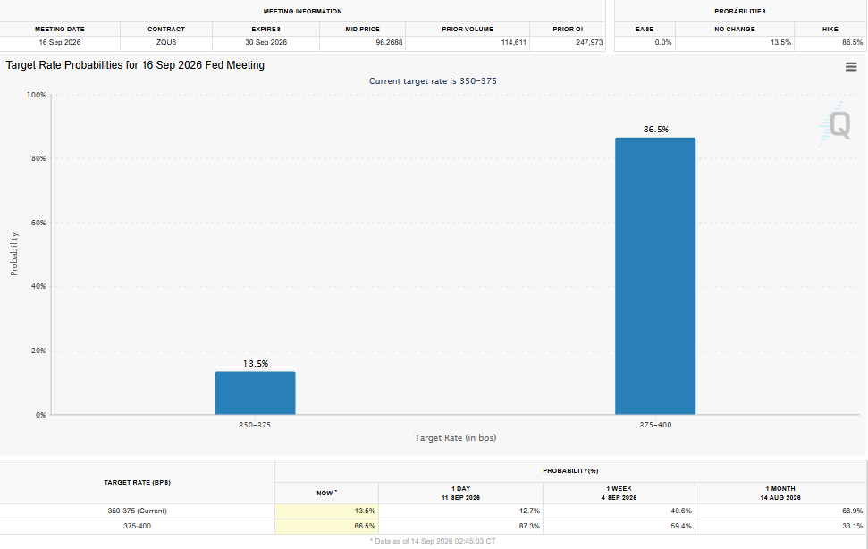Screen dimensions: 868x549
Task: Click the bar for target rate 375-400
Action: click(655, 276)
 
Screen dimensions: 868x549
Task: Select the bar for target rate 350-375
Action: click(255, 393)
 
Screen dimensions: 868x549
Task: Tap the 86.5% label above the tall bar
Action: click(656, 130)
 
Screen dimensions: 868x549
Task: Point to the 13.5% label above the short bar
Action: click(256, 364)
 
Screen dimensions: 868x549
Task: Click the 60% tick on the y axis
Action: click(38, 223)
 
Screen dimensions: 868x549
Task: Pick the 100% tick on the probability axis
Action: click(37, 95)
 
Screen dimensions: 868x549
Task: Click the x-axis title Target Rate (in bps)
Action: click(455, 438)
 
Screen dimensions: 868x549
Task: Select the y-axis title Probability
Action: click(13, 254)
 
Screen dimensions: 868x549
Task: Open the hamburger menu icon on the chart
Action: click(851, 67)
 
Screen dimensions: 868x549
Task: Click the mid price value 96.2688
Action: click(389, 42)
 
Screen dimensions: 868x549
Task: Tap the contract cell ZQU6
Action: click(166, 42)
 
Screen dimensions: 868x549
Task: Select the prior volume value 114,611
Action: click(514, 42)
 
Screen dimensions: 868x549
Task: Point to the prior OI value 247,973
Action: click(589, 42)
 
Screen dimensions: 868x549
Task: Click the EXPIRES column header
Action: click(266, 29)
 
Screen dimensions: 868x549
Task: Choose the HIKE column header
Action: click(830, 29)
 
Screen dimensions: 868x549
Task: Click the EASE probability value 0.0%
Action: click(663, 42)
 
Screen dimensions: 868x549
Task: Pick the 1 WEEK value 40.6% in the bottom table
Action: click(681, 511)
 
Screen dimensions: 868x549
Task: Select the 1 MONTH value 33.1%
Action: click(852, 526)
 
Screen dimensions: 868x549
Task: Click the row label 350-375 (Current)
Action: click(138, 511)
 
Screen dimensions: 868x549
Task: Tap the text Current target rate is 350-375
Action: click(433, 80)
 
